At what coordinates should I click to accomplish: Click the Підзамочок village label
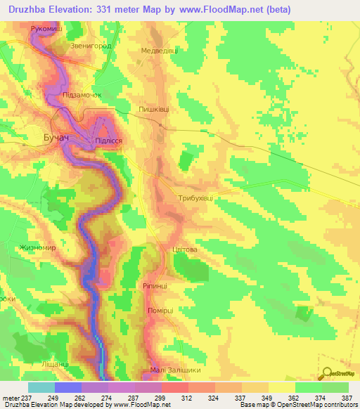pyautogui.click(x=82, y=94)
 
